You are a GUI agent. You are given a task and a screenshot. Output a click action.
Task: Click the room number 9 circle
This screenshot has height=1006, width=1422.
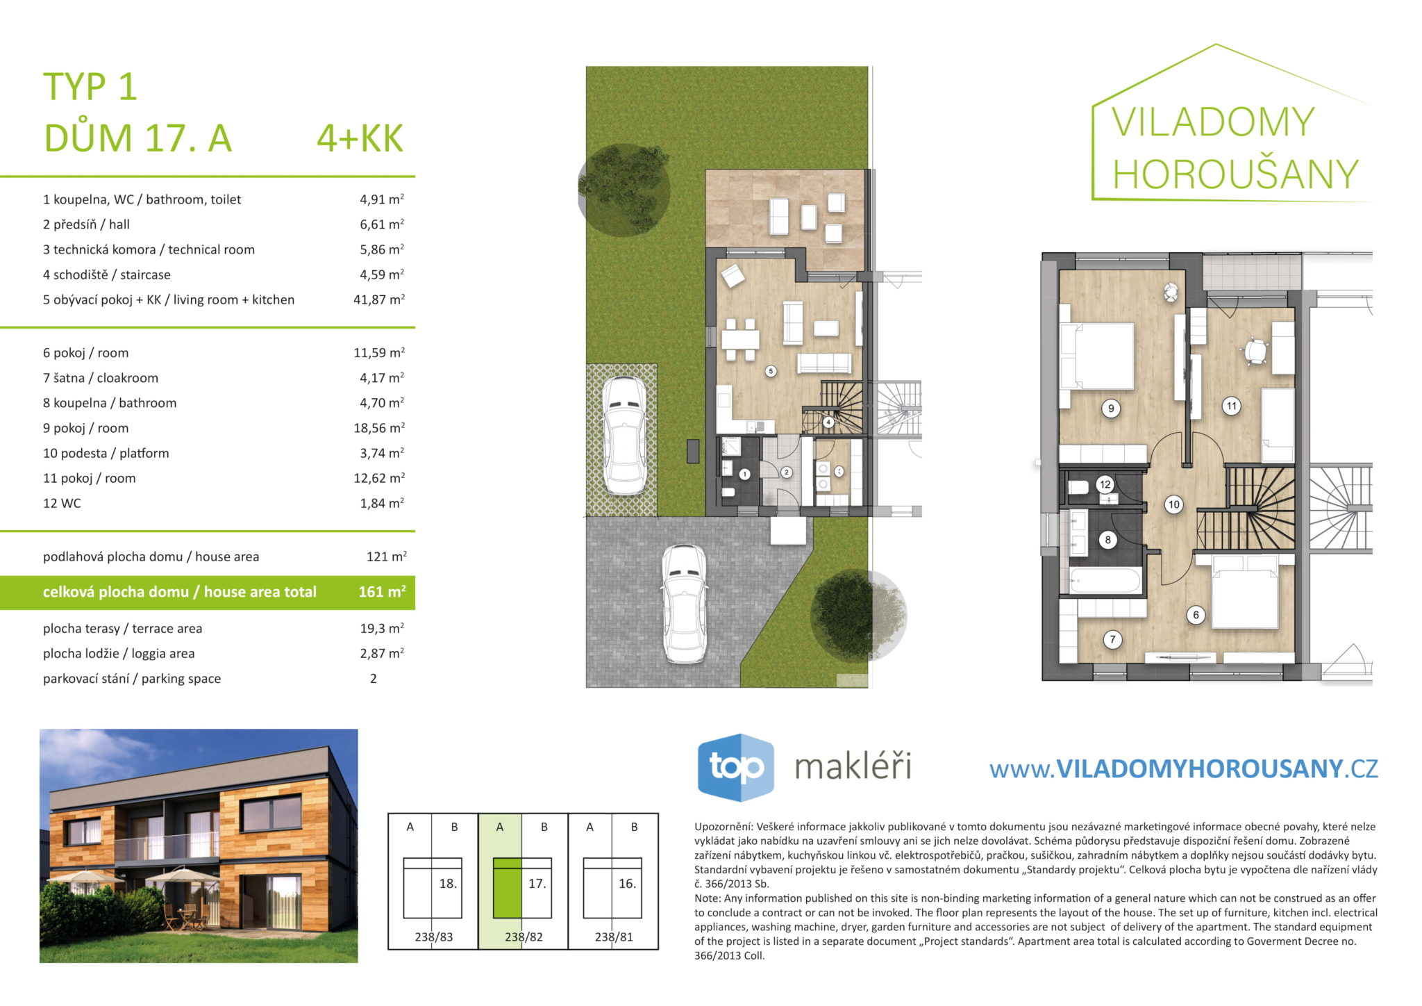pos(1111,409)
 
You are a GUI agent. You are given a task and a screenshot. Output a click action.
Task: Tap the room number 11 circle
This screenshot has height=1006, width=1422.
pos(1231,406)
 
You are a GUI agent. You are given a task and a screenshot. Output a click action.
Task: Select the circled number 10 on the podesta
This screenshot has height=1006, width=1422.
pos(1173,504)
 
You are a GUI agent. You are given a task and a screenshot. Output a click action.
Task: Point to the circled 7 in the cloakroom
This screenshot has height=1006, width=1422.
pos(1112,639)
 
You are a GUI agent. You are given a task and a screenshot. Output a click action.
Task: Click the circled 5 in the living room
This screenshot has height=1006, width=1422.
pos(771,371)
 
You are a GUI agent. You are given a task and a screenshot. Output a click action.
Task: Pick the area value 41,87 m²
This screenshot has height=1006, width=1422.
pos(378,299)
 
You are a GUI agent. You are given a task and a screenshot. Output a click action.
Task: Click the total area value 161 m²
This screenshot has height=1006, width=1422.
pos(382,592)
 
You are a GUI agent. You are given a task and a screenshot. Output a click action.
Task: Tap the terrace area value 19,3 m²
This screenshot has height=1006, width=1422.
pos(382,628)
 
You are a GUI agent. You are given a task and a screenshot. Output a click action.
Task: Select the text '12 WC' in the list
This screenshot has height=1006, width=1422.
pos(62,503)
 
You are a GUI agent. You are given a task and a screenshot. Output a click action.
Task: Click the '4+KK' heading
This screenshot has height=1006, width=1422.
pos(360,138)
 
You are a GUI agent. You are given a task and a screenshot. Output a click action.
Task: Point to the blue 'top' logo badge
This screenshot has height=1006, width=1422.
pos(735,767)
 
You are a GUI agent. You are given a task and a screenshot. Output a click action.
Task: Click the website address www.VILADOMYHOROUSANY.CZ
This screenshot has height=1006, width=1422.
pos(1183,768)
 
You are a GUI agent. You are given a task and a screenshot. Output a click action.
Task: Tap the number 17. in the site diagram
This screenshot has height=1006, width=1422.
pos(537,884)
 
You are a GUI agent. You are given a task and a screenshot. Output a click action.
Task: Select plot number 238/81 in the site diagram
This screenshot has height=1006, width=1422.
pos(614,937)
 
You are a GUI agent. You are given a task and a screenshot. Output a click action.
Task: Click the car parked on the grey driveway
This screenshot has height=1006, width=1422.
pos(685,603)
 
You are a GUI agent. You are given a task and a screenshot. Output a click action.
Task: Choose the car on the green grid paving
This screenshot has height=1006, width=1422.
pos(624,436)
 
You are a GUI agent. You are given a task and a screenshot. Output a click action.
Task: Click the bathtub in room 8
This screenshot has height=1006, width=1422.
pos(1105,580)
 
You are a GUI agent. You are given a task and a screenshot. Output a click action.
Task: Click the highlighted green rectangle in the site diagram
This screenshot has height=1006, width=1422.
pos(507,889)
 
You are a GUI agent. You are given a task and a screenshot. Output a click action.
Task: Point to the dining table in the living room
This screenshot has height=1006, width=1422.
pos(739,340)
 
